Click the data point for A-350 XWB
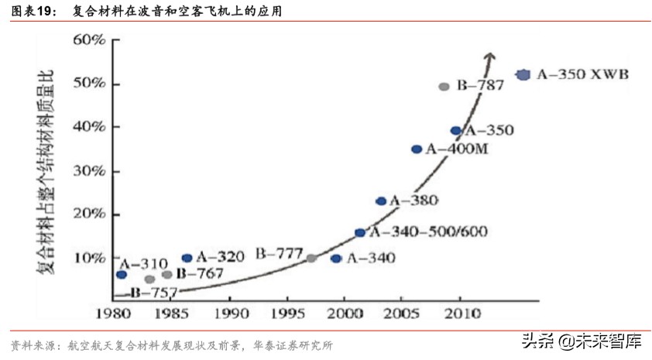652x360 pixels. point(523,74)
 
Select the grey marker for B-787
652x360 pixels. point(444,87)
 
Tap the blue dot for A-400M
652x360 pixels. point(417,149)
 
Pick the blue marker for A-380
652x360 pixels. point(381,201)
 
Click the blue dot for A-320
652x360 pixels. point(187,258)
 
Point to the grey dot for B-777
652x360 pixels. point(311,258)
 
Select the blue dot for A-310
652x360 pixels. point(121,275)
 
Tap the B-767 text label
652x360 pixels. point(199,273)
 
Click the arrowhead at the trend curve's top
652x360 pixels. point(489,56)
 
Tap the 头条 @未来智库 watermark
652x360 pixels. point(581,341)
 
